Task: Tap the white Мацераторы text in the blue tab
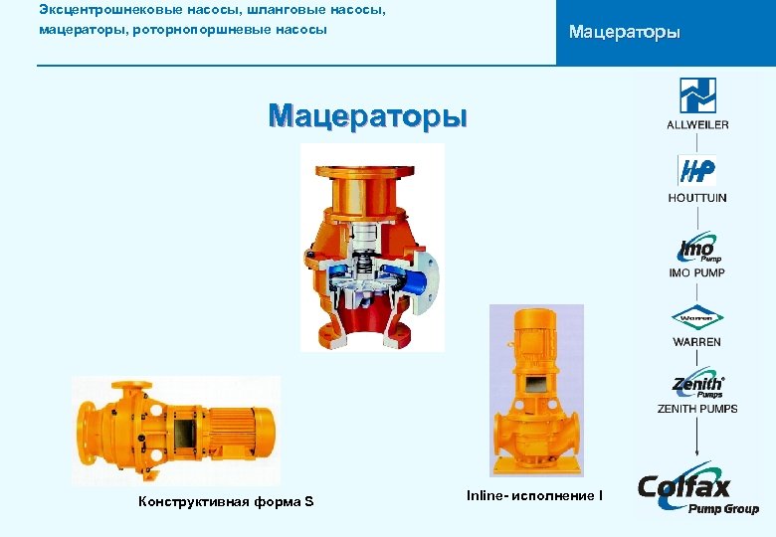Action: coord(624,33)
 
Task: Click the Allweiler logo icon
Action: coord(697,95)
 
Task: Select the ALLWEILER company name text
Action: coord(697,124)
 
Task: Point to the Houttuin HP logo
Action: coord(696,171)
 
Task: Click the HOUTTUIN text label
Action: coord(697,198)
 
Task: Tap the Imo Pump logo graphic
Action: coord(697,248)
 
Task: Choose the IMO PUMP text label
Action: coord(697,272)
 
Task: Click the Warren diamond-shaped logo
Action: coord(697,318)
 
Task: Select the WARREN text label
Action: coord(697,342)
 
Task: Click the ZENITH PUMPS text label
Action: coord(697,409)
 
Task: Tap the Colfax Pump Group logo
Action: coord(697,493)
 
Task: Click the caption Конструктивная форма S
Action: coord(227,501)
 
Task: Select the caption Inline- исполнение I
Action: coord(534,494)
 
